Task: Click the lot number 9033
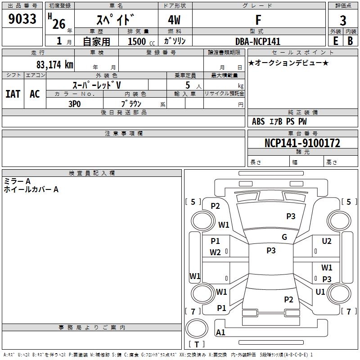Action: pyautogui.click(x=22, y=19)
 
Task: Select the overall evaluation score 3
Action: pyautogui.click(x=343, y=20)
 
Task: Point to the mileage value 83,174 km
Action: pyautogui.click(x=54, y=64)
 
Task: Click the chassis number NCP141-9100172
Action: pyautogui.click(x=302, y=143)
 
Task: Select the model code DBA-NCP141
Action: pyautogui.click(x=258, y=41)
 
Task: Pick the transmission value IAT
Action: pyautogui.click(x=13, y=94)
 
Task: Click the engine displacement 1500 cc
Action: pyautogui.click(x=140, y=41)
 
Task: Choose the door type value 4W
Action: pyautogui.click(x=175, y=20)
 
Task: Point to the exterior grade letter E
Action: pyautogui.click(x=335, y=41)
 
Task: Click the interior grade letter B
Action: pyautogui.click(x=350, y=41)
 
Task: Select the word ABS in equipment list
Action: pyautogui.click(x=258, y=121)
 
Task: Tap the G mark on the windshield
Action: pyautogui.click(x=284, y=237)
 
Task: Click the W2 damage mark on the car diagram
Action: pyautogui.click(x=215, y=252)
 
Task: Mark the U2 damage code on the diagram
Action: pyautogui.click(x=327, y=241)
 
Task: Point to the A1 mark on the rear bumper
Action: pyautogui.click(x=220, y=333)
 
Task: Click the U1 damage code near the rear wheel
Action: pyautogui.click(x=320, y=292)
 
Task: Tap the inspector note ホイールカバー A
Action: pyautogui.click(x=31, y=189)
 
